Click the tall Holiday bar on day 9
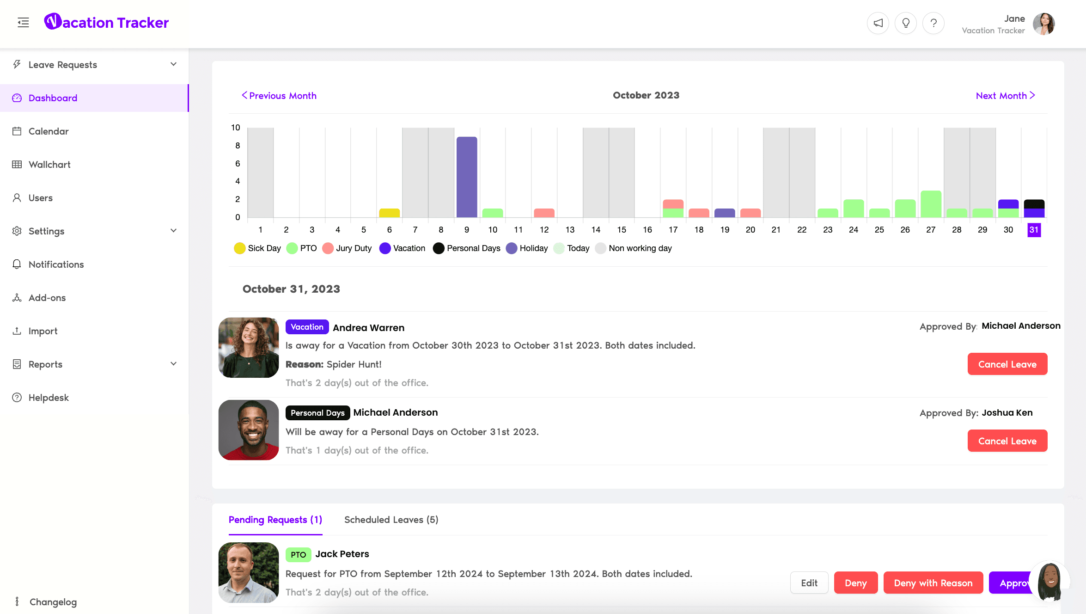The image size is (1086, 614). coord(467,177)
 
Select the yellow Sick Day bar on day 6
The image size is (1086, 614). coord(389,213)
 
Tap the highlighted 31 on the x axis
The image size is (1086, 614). coord(1034,230)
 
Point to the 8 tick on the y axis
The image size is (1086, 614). coord(238,146)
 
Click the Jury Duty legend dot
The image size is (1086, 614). coord(328,248)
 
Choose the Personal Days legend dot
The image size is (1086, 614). coord(439,248)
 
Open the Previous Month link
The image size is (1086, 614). coord(279,96)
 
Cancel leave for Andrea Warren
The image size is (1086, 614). coord(1007,364)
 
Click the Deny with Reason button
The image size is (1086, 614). coord(933,583)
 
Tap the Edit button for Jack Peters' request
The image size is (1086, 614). coord(809,583)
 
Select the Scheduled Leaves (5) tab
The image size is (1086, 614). coord(391,520)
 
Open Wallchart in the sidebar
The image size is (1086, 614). coord(49,165)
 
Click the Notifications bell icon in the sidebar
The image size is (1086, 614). coord(17,264)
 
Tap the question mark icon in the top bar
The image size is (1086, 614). coord(933,23)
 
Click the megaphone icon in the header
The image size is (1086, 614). coord(878,23)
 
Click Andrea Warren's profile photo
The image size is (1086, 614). coord(249,348)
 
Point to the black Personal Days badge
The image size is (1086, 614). coord(317,413)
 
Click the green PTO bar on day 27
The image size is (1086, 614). coord(931,204)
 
